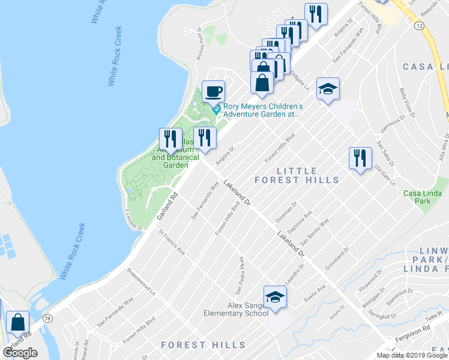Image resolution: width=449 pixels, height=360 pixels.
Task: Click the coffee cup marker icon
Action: click(x=214, y=92)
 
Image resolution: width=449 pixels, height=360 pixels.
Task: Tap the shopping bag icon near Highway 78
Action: click(x=18, y=323)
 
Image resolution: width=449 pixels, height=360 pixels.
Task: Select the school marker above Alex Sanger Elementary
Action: click(x=275, y=298)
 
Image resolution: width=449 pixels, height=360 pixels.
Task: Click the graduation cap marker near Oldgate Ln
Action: click(x=328, y=89)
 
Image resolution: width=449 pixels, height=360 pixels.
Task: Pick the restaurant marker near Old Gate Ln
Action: click(x=359, y=158)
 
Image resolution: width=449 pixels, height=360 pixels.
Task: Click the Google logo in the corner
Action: click(x=20, y=353)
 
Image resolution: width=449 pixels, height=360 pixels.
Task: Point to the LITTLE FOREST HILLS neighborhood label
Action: click(x=297, y=175)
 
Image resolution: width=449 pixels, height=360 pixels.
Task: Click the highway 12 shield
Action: click(x=419, y=25)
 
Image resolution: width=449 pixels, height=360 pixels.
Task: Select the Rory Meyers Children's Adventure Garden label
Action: click(x=261, y=109)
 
